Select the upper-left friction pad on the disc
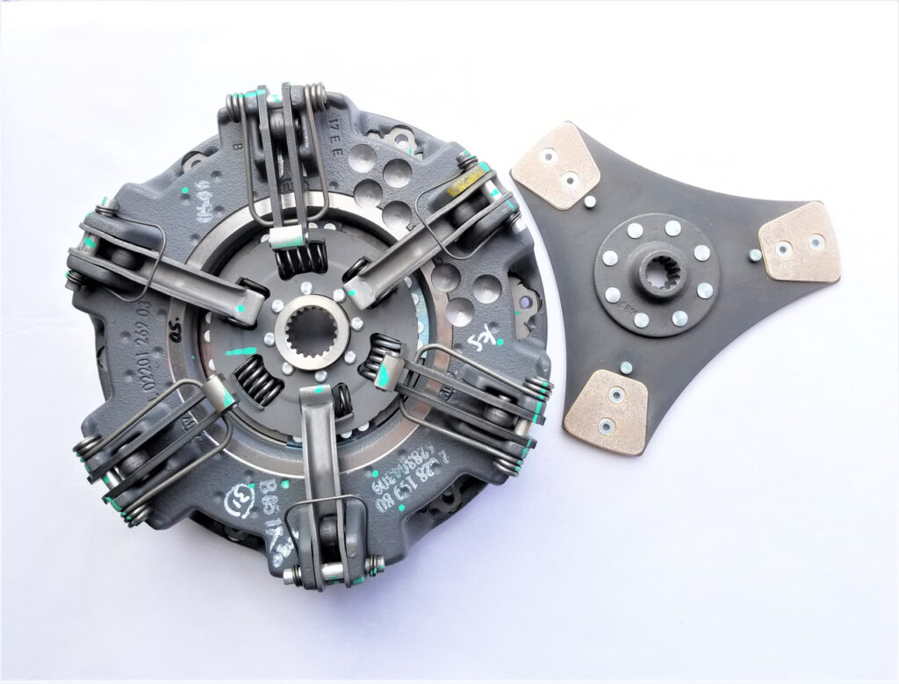[x=555, y=165]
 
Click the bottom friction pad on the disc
[x=607, y=410]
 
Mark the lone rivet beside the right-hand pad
[x=753, y=255]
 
